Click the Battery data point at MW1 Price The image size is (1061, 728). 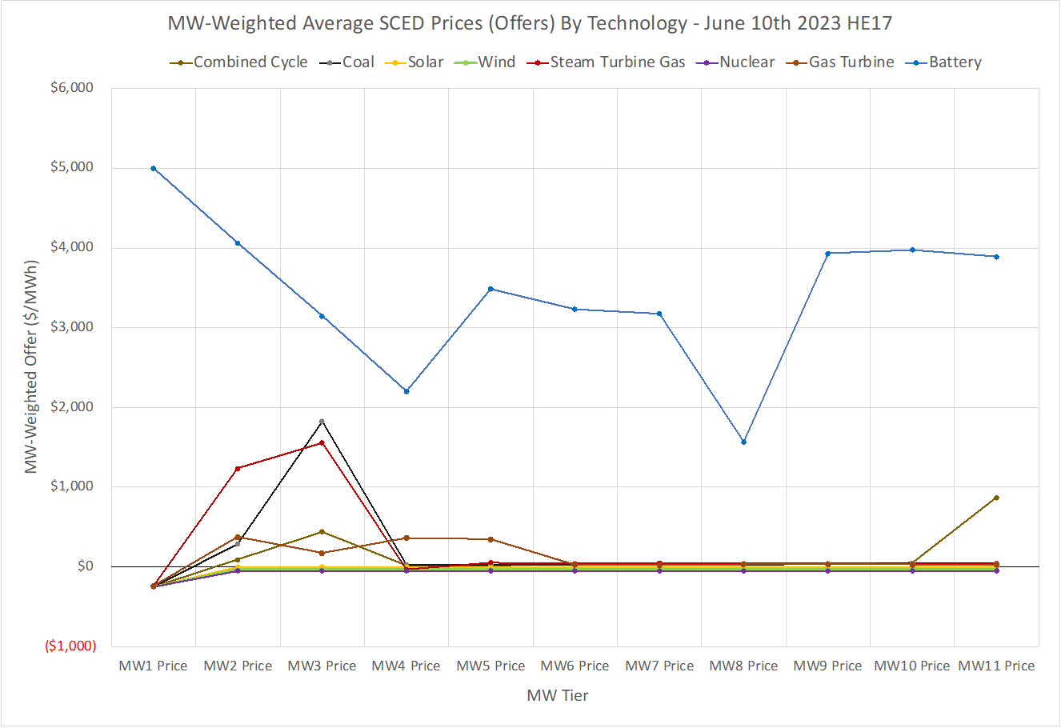pyautogui.click(x=154, y=168)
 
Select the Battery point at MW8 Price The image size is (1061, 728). pyautogui.click(x=744, y=442)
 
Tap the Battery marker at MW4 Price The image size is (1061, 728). pyautogui.click(x=406, y=391)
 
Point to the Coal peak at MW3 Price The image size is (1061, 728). pyautogui.click(x=322, y=422)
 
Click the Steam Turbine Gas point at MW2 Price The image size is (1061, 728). pyautogui.click(x=238, y=468)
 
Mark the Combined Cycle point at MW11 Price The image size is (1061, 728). pyautogui.click(x=996, y=498)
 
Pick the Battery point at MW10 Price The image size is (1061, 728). pyautogui.click(x=912, y=250)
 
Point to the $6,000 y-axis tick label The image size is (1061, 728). pyautogui.click(x=72, y=88)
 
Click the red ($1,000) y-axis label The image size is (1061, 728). pyautogui.click(x=70, y=646)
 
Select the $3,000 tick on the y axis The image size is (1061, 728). pyautogui.click(x=72, y=327)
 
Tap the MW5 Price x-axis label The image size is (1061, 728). pyautogui.click(x=490, y=666)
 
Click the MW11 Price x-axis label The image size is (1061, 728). pyautogui.click(x=996, y=666)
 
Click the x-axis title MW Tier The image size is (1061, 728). pyautogui.click(x=558, y=696)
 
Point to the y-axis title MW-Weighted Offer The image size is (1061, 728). pyautogui.click(x=31, y=366)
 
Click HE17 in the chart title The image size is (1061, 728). pyautogui.click(x=869, y=23)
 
